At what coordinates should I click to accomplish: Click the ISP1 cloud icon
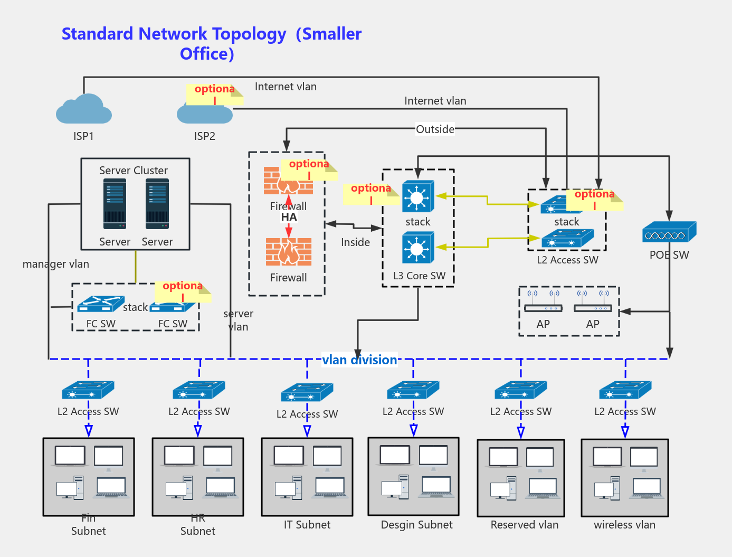pyautogui.click(x=84, y=109)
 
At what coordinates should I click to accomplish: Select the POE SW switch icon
pyautogui.click(x=669, y=232)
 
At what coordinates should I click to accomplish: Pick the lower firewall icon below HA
pyautogui.click(x=288, y=252)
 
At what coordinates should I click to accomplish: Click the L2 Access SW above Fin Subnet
pyautogui.click(x=88, y=390)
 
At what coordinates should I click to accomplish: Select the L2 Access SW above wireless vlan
pyautogui.click(x=625, y=390)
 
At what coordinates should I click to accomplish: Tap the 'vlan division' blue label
pyautogui.click(x=359, y=360)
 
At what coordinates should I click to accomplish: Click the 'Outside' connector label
pyautogui.click(x=435, y=129)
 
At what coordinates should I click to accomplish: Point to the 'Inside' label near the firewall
pyautogui.click(x=355, y=242)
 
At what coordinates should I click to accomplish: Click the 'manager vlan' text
pyautogui.click(x=55, y=264)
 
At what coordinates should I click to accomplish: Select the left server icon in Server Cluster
pyautogui.click(x=115, y=204)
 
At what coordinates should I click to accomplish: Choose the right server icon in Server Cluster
pyautogui.click(x=157, y=204)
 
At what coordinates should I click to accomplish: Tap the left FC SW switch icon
pyautogui.click(x=100, y=304)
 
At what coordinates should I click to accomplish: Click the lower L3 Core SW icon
pyautogui.click(x=417, y=248)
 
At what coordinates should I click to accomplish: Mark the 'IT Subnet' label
pyautogui.click(x=307, y=525)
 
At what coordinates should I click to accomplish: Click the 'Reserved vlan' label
pyautogui.click(x=524, y=525)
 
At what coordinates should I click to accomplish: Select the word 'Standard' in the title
pyautogui.click(x=97, y=34)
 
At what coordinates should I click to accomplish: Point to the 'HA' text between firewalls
pyautogui.click(x=289, y=217)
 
